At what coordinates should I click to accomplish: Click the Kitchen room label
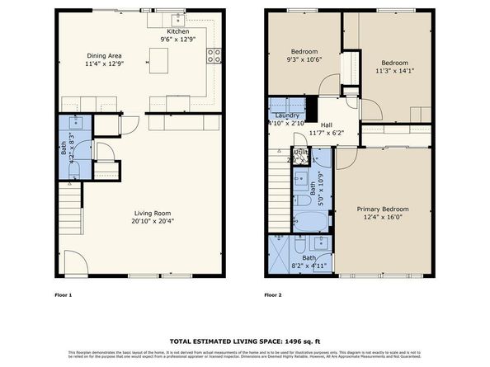(x=178, y=31)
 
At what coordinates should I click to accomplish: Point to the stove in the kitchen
(x=214, y=57)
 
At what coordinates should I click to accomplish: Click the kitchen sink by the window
(x=177, y=20)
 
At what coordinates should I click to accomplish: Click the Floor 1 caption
(x=64, y=294)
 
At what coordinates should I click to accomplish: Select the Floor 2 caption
(x=273, y=294)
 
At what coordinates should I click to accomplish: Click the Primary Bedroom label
(x=382, y=209)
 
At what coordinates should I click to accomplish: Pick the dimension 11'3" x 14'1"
(x=394, y=71)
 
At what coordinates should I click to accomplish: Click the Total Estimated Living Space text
(x=244, y=340)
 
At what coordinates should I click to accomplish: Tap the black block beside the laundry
(x=312, y=108)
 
